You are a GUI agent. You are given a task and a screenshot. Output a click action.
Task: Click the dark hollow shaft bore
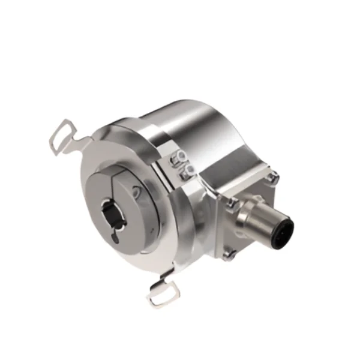pyautogui.click(x=109, y=212)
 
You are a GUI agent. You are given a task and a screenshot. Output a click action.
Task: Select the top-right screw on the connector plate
pyautogui.click(x=273, y=178)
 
